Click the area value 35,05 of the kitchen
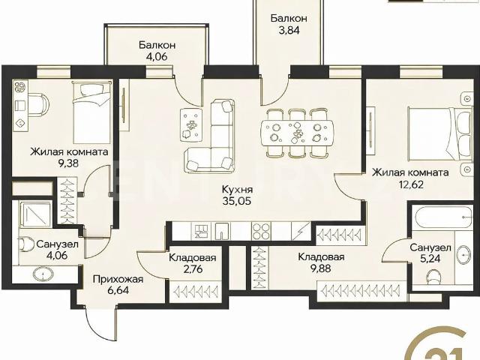pyautogui.click(x=237, y=201)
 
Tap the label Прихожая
pyautogui.click(x=118, y=279)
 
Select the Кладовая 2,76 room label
pyautogui.click(x=192, y=263)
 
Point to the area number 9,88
pyautogui.click(x=320, y=268)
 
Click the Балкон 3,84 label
pyautogui.click(x=289, y=24)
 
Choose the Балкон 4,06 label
pyautogui.click(x=157, y=51)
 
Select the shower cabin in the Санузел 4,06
pyautogui.click(x=34, y=214)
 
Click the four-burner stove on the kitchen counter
pyautogui.click(x=261, y=232)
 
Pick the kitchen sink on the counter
pyautogui.click(x=222, y=232)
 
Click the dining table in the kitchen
pyautogui.click(x=296, y=133)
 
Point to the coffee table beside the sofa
pyautogui.click(x=192, y=124)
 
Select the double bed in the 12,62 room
pyautogui.click(x=440, y=133)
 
